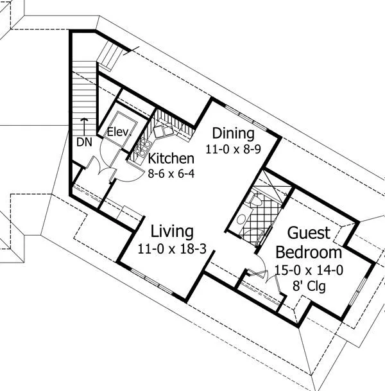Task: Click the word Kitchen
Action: tap(171, 159)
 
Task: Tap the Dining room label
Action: tap(233, 133)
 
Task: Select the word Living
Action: tap(172, 232)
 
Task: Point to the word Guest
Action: tap(309, 233)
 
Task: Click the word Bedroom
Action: tap(309, 252)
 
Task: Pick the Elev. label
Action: tap(119, 132)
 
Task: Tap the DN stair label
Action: tap(84, 143)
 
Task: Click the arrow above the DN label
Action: tap(85, 126)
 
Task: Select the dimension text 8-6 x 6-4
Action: tap(171, 174)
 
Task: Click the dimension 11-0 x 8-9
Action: tap(233, 150)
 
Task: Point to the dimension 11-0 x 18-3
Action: tap(172, 249)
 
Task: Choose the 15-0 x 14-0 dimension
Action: tap(309, 270)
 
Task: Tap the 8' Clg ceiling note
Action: tap(309, 286)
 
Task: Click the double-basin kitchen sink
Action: tap(164, 131)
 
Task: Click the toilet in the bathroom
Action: tap(255, 200)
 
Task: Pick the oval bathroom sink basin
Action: tap(241, 220)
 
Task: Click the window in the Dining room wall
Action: tap(246, 117)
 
